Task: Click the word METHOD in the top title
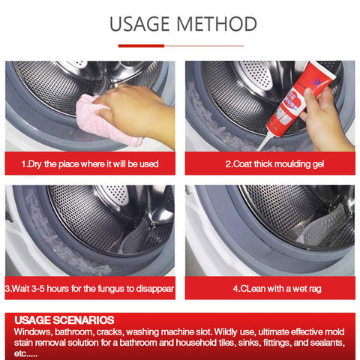[x=217, y=24]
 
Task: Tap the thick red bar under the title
[x=141, y=46]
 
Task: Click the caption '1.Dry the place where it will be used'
[x=90, y=164]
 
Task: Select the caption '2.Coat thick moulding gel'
[x=274, y=164]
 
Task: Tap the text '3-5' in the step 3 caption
[x=37, y=289]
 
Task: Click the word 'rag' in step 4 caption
[x=315, y=289]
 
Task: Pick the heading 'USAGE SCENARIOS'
[x=64, y=320]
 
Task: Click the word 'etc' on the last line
[x=20, y=354]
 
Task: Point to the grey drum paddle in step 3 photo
[x=135, y=236]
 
